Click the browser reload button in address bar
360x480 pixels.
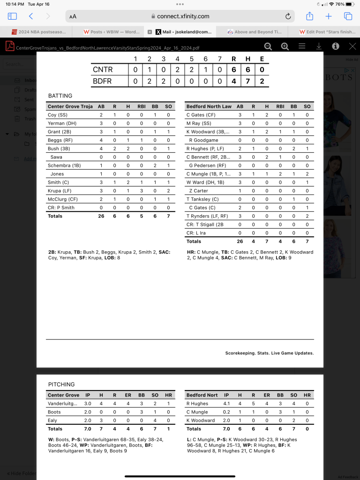tap(288, 16)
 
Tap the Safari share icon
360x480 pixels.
tap(309, 16)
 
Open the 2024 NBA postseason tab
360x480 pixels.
tap(38, 32)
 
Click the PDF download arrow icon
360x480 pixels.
tap(319, 46)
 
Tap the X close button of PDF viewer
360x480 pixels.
tap(352, 46)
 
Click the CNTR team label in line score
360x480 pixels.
tap(103, 70)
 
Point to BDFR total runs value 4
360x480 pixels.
tap(233, 81)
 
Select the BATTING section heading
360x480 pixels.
tap(60, 96)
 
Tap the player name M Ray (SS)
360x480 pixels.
tap(199, 123)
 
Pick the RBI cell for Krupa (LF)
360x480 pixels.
tap(141, 191)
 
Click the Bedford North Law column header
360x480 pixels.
tap(209, 106)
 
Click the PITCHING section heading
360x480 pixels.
tap(61, 384)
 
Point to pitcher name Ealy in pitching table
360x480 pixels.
tap(53, 420)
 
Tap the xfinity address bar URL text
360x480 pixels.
tap(183, 16)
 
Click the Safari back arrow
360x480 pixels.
tap(31, 16)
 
